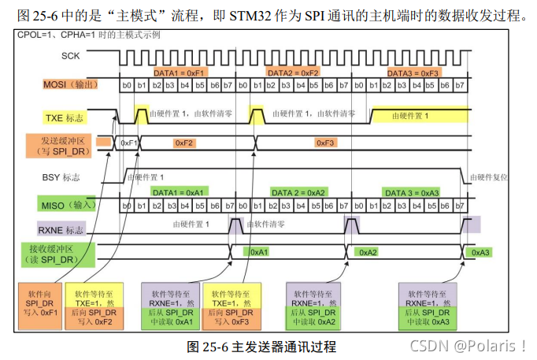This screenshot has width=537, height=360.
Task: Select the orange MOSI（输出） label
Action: click(70, 84)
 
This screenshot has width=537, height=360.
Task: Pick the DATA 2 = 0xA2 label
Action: click(297, 192)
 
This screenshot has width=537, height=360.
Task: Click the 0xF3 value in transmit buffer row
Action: click(325, 143)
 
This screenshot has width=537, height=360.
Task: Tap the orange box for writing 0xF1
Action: click(39, 304)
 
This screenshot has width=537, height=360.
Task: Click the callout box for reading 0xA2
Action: click(313, 304)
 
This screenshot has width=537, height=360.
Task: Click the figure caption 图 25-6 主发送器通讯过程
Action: click(261, 347)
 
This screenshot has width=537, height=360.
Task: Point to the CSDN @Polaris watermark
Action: click(468, 345)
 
